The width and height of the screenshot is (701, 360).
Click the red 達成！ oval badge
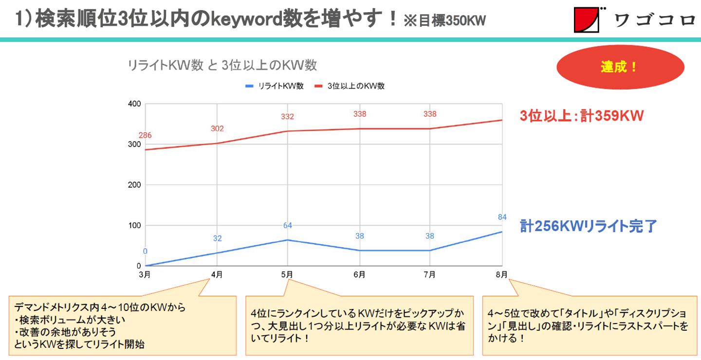pyautogui.click(x=620, y=67)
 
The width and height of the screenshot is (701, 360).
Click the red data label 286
pyautogui.click(x=145, y=135)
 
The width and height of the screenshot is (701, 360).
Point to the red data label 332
pyautogui.click(x=288, y=117)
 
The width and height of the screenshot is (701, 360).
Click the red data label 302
pyautogui.click(x=217, y=128)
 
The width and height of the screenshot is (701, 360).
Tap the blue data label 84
pyautogui.click(x=502, y=217)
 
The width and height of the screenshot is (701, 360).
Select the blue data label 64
pyautogui.click(x=288, y=225)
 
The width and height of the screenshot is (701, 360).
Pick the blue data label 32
pyautogui.click(x=217, y=238)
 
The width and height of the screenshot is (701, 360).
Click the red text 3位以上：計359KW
pyautogui.click(x=582, y=116)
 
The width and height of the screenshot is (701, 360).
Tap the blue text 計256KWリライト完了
pyautogui.click(x=589, y=226)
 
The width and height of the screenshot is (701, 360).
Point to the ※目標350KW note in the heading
pyautogui.click(x=444, y=22)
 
